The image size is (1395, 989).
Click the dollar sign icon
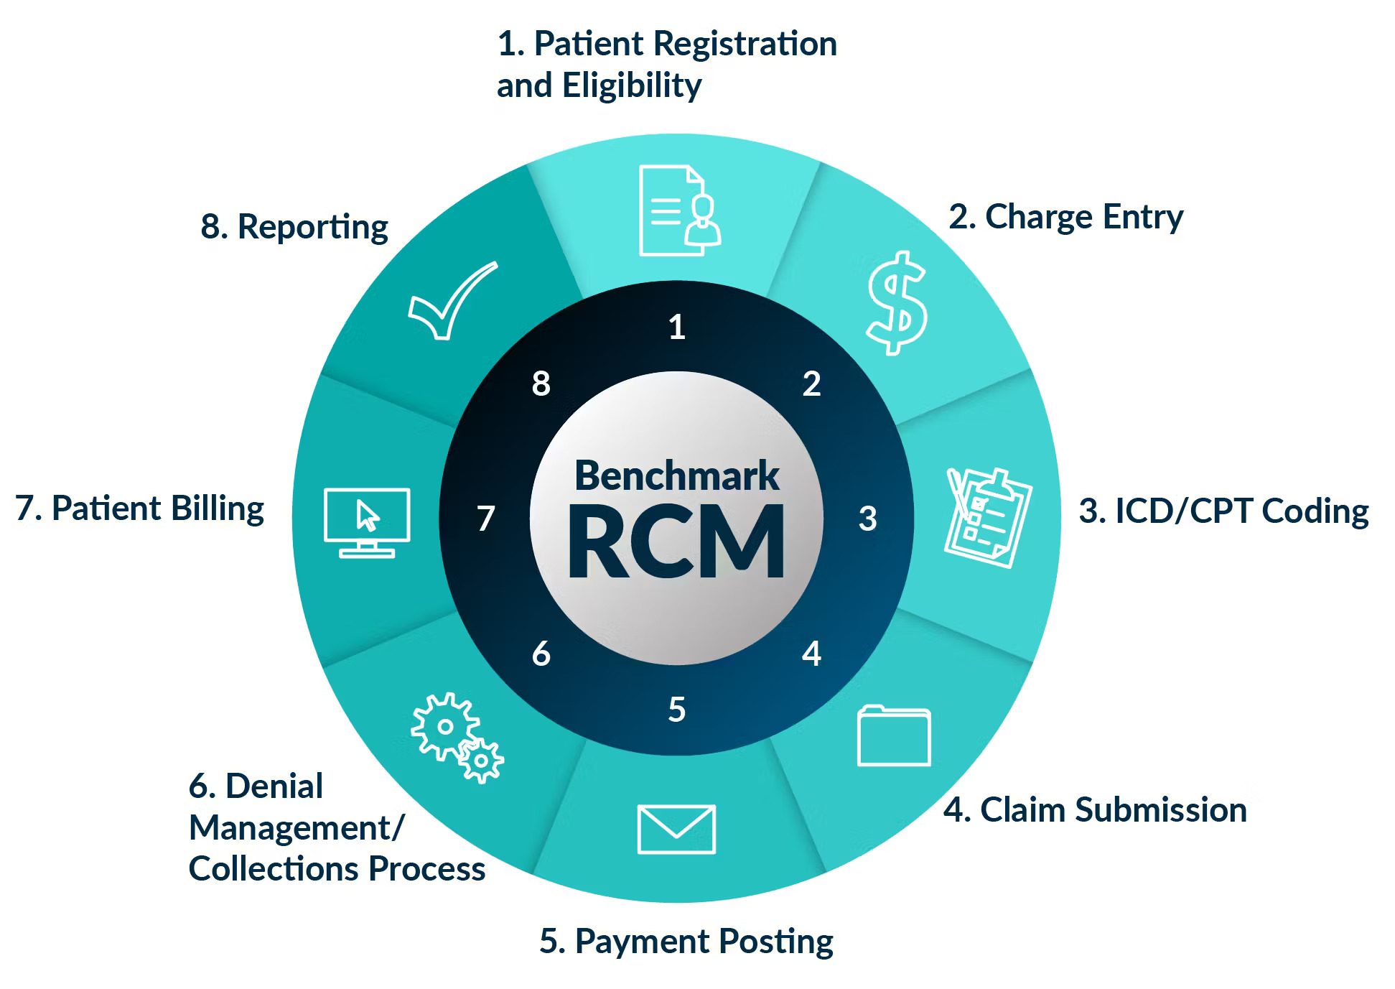point(897,302)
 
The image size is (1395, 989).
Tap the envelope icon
point(676,829)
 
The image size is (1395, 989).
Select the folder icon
point(894,736)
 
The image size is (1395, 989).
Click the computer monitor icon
point(367,522)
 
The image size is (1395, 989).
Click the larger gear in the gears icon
point(444,725)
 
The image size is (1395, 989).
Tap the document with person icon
point(679,210)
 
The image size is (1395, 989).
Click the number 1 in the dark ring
point(677,327)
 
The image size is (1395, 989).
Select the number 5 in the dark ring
point(677,710)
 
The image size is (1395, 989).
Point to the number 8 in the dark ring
point(541,384)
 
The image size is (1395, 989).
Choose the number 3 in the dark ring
point(867,518)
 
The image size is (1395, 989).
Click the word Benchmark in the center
point(677,475)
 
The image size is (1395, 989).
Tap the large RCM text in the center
point(676,542)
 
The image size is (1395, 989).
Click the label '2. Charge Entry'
point(1065,217)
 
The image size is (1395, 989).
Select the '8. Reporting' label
point(294,227)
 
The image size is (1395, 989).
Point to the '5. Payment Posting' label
point(686,941)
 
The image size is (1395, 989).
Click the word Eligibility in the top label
point(632,86)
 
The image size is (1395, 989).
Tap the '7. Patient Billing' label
point(140,509)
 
